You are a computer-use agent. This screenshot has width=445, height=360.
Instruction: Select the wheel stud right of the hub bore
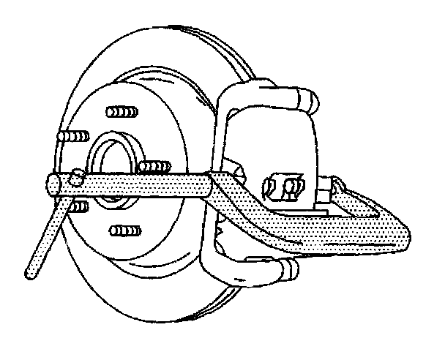tap(154, 167)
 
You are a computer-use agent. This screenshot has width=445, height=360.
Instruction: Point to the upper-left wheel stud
tap(74, 138)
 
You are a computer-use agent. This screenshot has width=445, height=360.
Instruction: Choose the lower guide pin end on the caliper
tap(289, 269)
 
